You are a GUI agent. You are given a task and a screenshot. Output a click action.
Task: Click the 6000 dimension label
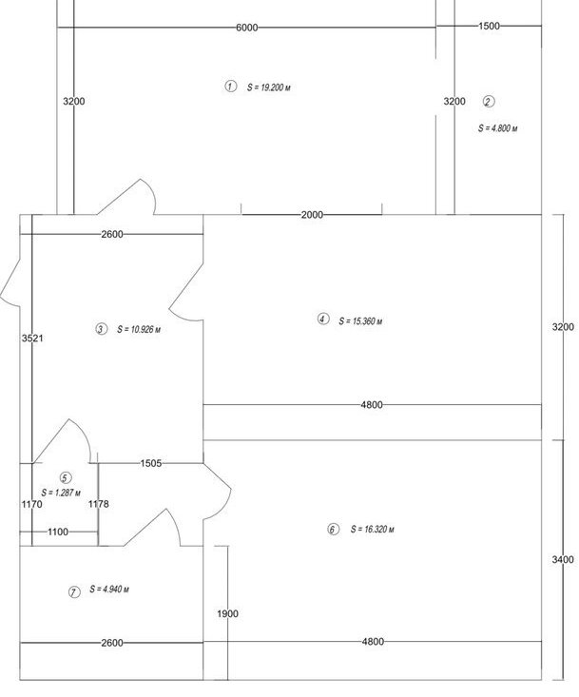[x=246, y=28]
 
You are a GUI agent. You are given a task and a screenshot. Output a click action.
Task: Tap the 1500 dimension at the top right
[x=489, y=26]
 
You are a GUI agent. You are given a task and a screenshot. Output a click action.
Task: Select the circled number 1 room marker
[x=230, y=86]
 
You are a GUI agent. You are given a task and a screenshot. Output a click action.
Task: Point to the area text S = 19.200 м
[x=269, y=87]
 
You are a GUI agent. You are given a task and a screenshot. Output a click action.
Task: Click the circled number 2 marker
[x=489, y=102]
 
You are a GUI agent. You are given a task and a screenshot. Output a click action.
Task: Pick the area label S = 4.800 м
[x=497, y=128]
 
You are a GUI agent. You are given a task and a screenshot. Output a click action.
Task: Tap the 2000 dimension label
[x=312, y=215]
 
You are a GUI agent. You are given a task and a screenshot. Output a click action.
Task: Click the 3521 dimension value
[x=32, y=339]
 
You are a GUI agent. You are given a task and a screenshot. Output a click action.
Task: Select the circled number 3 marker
[x=102, y=329]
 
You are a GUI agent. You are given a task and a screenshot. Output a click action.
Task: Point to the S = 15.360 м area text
[x=360, y=320]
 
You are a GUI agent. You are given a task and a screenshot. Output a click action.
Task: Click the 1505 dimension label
[x=151, y=463]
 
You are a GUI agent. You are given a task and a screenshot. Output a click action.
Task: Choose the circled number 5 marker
[x=66, y=478]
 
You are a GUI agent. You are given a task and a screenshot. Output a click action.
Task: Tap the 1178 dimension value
[x=98, y=504]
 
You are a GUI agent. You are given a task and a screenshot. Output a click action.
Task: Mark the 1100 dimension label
[x=58, y=532]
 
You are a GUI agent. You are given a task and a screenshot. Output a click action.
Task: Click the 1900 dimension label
[x=227, y=614]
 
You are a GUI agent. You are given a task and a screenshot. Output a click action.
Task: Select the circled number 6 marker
[x=334, y=530]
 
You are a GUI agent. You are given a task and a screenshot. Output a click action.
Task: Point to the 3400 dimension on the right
[x=563, y=560]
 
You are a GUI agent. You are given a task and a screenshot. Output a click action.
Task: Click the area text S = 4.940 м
[x=109, y=589]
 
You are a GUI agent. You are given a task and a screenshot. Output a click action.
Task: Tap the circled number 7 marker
[x=74, y=592]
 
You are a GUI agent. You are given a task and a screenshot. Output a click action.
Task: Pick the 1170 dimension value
[x=32, y=504]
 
